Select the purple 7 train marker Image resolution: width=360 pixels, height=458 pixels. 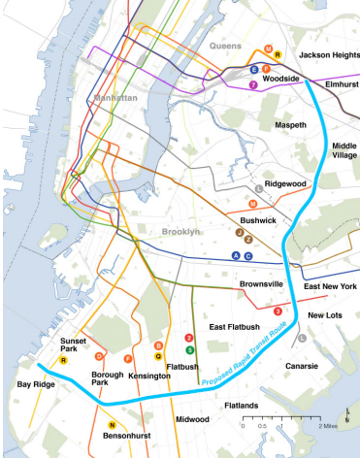(x=253, y=84)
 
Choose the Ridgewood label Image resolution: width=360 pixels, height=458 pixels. (x=286, y=183)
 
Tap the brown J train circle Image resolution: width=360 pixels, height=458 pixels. (x=240, y=233)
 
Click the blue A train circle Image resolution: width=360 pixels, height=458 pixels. (x=235, y=255)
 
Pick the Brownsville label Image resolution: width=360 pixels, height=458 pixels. (x=262, y=283)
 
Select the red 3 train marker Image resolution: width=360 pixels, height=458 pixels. (x=278, y=311)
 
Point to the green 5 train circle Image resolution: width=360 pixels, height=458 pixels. (x=190, y=348)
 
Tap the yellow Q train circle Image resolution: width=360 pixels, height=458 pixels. (x=158, y=356)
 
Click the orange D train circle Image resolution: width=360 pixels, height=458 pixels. (x=98, y=356)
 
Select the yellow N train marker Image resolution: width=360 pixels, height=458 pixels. (x=112, y=425)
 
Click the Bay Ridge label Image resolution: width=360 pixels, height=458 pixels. (x=38, y=386)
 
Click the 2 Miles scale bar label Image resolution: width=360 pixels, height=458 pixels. (x=327, y=426)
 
